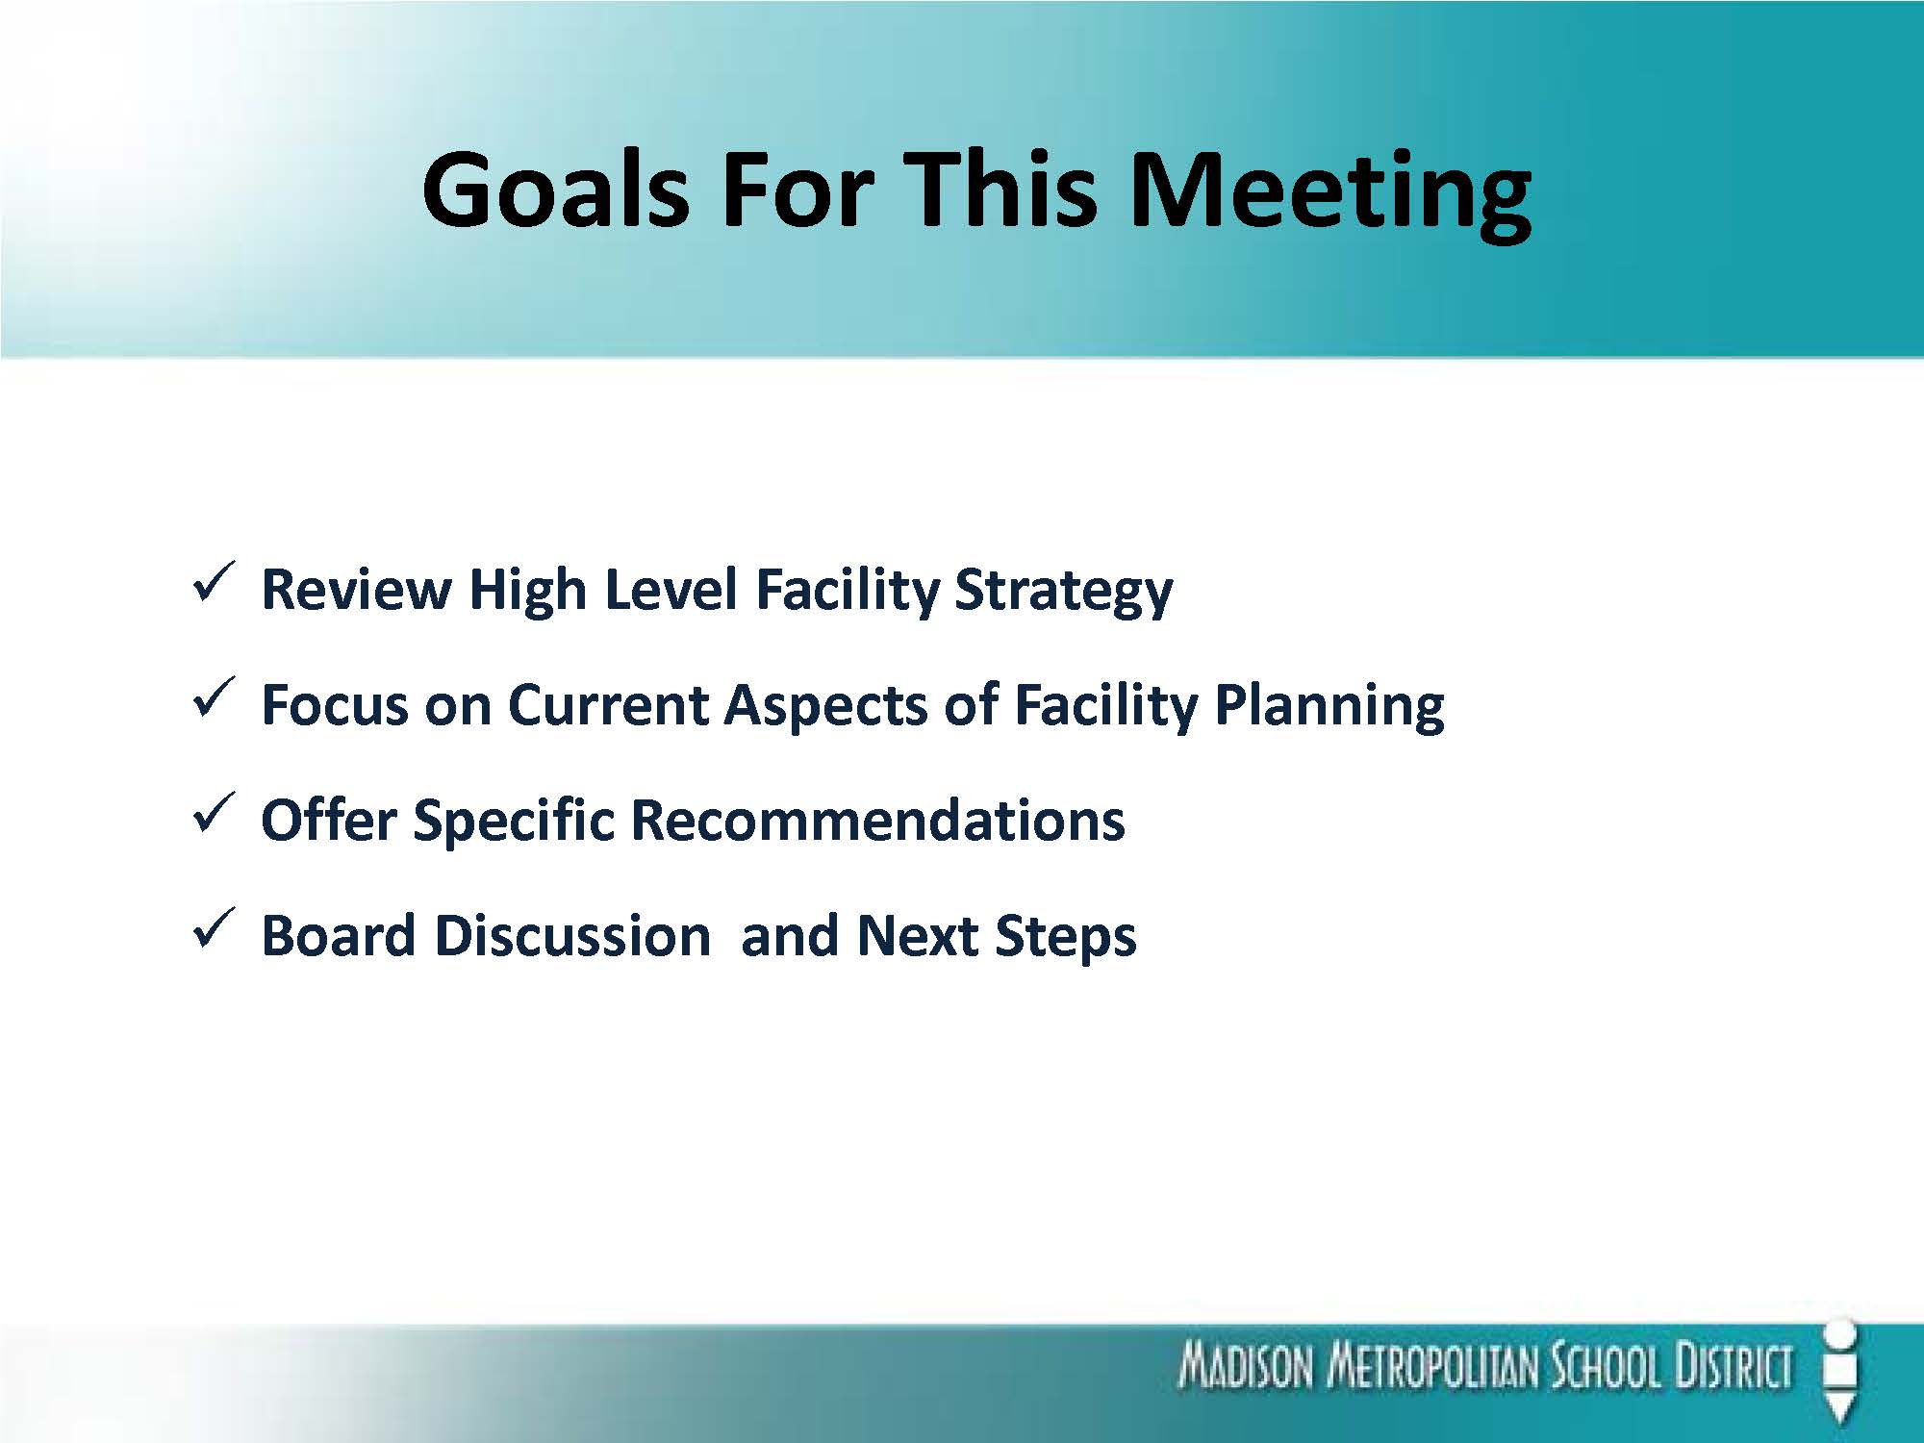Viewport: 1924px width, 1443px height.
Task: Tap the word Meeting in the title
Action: tap(1329, 195)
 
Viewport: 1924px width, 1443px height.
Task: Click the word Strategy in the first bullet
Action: tap(1063, 591)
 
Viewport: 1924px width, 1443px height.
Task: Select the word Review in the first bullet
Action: tap(356, 589)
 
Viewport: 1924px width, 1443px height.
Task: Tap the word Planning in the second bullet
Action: tap(1329, 706)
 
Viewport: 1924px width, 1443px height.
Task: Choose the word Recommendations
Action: tap(877, 821)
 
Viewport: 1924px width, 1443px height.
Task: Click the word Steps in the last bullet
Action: tap(1065, 937)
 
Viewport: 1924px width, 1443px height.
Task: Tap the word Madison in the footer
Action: tap(1245, 1367)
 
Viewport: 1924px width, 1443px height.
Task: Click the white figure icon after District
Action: tap(1839, 1371)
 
